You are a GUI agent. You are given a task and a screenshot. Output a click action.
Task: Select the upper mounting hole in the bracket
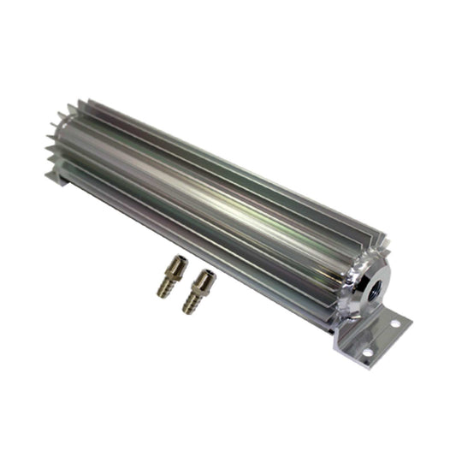395,323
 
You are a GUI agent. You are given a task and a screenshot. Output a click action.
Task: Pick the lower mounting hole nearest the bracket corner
367,352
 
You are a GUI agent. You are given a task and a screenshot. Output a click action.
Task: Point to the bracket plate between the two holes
382,337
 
